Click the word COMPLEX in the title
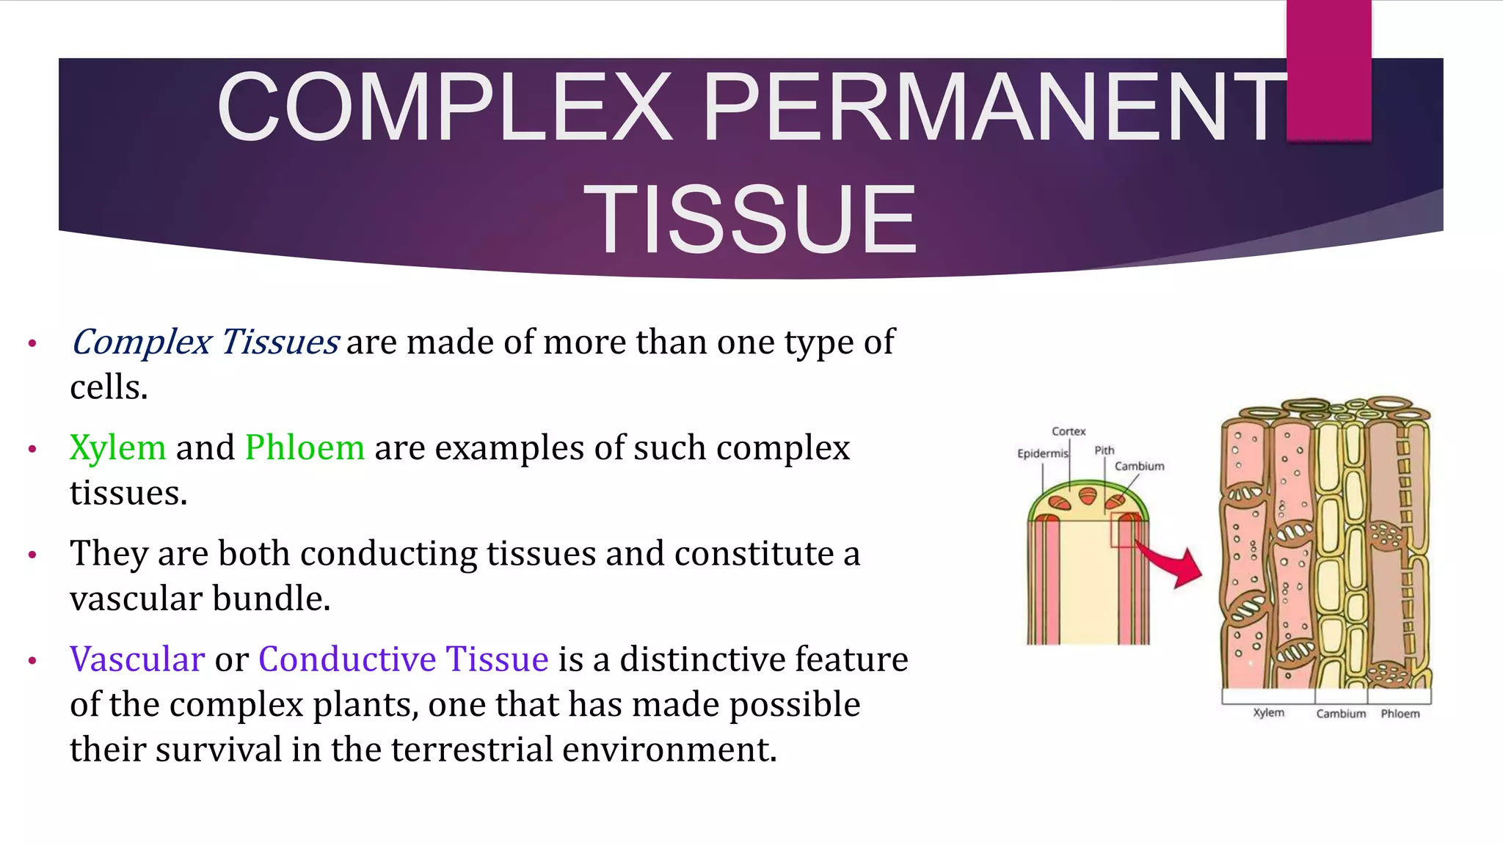(445, 107)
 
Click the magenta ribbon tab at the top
(1328, 70)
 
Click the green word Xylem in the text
(117, 447)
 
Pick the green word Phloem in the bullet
(305, 447)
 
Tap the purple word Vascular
(137, 659)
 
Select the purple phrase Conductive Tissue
(403, 659)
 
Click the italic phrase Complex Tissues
(204, 342)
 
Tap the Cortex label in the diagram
(1068, 431)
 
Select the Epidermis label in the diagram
(1042, 453)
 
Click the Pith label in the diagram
(1104, 450)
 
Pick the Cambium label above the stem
(1139, 467)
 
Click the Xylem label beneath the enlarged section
(1268, 712)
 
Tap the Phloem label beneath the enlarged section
(1400, 714)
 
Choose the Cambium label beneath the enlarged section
(1341, 714)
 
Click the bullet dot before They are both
(32, 555)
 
